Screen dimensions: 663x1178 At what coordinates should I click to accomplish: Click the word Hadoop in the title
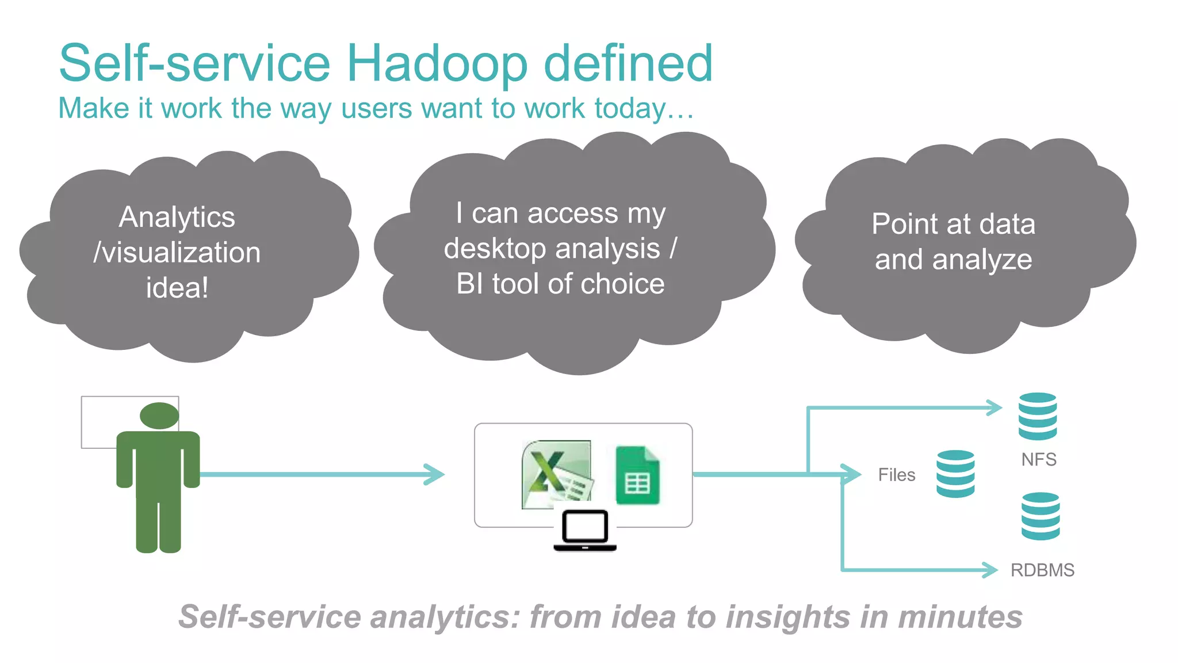[x=437, y=64]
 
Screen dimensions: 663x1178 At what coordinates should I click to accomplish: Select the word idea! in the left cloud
[x=177, y=288]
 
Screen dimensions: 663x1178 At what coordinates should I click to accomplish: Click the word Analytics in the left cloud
[x=177, y=218]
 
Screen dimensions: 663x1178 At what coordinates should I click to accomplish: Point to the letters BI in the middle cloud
[x=470, y=284]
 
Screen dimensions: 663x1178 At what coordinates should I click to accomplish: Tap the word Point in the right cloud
[x=908, y=224]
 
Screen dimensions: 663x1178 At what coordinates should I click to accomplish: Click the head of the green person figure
[x=159, y=416]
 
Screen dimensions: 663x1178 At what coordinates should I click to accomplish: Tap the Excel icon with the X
[x=557, y=475]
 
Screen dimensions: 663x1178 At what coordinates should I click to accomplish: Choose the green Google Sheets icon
[x=637, y=475]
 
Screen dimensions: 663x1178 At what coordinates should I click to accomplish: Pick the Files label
[x=896, y=475]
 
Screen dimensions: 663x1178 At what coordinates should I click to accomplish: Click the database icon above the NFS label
[x=1038, y=416]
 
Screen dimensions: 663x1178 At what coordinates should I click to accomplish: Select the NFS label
[x=1039, y=459]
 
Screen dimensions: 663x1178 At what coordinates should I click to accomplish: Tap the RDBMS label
[x=1042, y=570]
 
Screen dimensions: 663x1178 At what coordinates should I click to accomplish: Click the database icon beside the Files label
[x=955, y=474]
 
